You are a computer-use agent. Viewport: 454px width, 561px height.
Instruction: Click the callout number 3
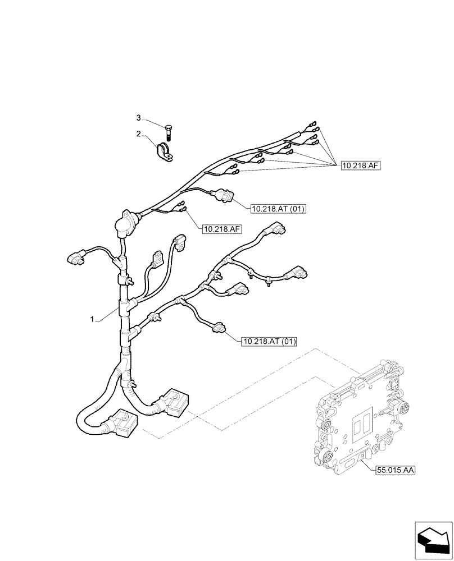tap(138, 118)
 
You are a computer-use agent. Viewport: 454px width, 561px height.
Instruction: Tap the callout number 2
tap(138, 134)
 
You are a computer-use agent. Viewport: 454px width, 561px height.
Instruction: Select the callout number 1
tap(91, 319)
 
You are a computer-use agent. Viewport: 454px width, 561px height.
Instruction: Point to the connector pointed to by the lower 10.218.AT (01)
tap(218, 327)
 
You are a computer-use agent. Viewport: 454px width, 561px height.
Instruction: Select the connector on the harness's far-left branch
tap(74, 258)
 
